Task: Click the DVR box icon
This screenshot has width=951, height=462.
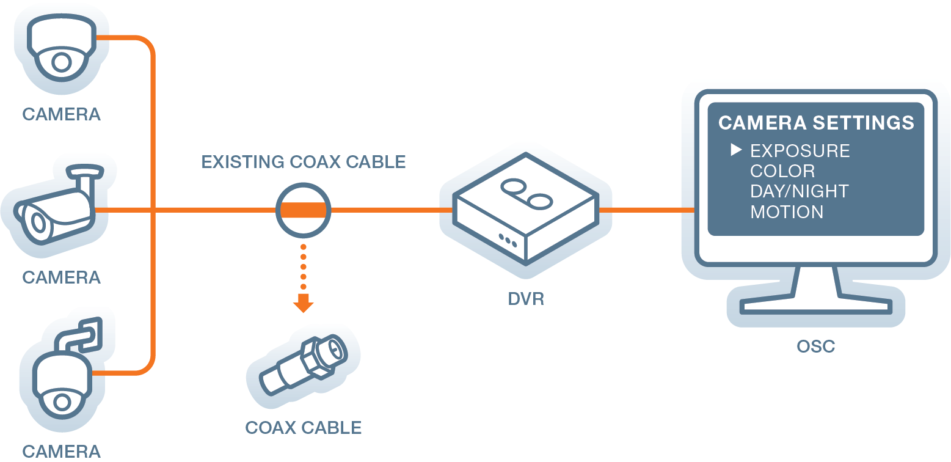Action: [x=526, y=208]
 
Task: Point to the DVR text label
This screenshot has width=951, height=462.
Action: [x=526, y=299]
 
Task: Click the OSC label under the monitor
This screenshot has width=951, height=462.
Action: [x=815, y=346]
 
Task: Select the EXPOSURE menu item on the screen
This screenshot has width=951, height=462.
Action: [x=800, y=151]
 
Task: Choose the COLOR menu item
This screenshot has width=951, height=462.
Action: [x=782, y=171]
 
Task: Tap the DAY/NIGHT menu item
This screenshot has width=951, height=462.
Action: [x=799, y=191]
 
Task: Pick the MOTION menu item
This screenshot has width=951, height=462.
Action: [x=787, y=212]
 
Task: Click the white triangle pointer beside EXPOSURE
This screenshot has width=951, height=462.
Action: [x=736, y=150]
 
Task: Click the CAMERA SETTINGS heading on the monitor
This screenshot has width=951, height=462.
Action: [x=816, y=123]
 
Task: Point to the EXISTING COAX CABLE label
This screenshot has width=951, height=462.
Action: [x=304, y=162]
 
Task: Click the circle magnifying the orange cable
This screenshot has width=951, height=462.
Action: [x=304, y=210]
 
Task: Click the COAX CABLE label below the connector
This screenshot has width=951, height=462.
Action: [x=304, y=427]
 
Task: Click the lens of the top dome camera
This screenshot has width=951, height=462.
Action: [x=61, y=62]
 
